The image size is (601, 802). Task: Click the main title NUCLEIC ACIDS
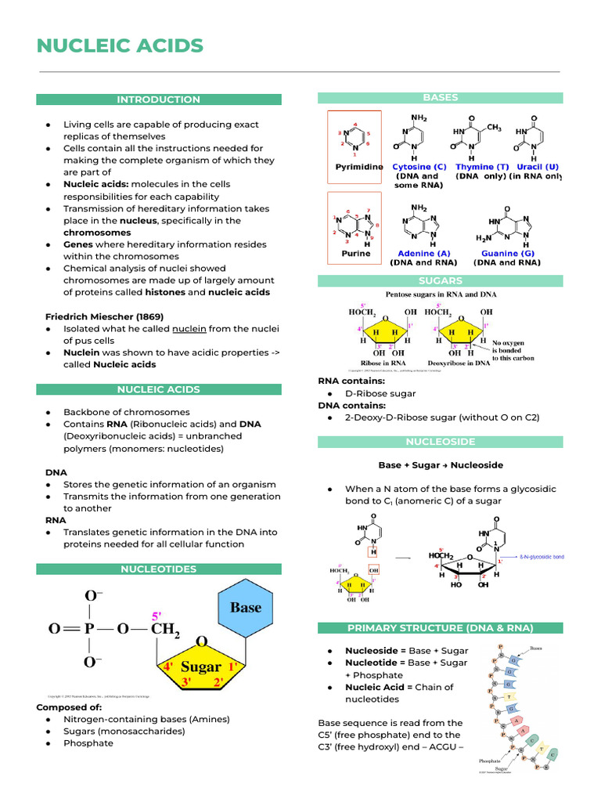pos(120,46)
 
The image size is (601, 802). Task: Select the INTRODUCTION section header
pos(158,99)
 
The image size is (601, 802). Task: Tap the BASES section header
pos(440,98)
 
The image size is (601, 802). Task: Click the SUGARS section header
pos(440,280)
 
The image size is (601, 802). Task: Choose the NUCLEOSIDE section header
pos(440,442)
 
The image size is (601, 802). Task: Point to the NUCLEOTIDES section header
pos(158,569)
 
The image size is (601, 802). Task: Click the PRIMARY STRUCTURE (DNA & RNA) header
pos(440,628)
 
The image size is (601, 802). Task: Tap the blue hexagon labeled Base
pos(246,609)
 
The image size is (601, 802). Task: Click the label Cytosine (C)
pos(419,167)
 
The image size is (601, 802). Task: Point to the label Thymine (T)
pos(481,167)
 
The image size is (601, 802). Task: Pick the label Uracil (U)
pos(538,167)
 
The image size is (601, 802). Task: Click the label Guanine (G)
pos(500,254)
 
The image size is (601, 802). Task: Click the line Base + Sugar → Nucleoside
pos(440,465)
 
